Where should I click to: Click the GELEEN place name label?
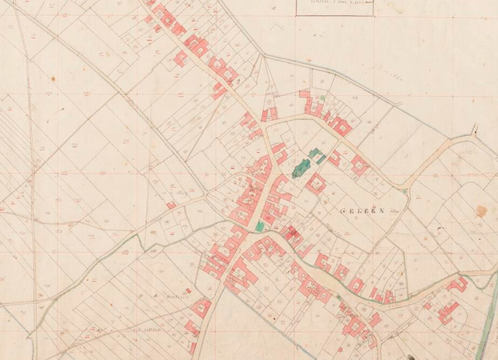pos(362,211)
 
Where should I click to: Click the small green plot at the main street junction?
pos(259,226)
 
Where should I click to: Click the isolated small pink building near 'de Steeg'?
pos(171,205)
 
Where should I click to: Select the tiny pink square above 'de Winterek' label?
pos(188,290)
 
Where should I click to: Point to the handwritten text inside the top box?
pos(334,2)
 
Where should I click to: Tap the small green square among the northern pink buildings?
pos(323,97)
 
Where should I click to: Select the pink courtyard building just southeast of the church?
pos(315,184)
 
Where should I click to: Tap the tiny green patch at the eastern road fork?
pos(404,192)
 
